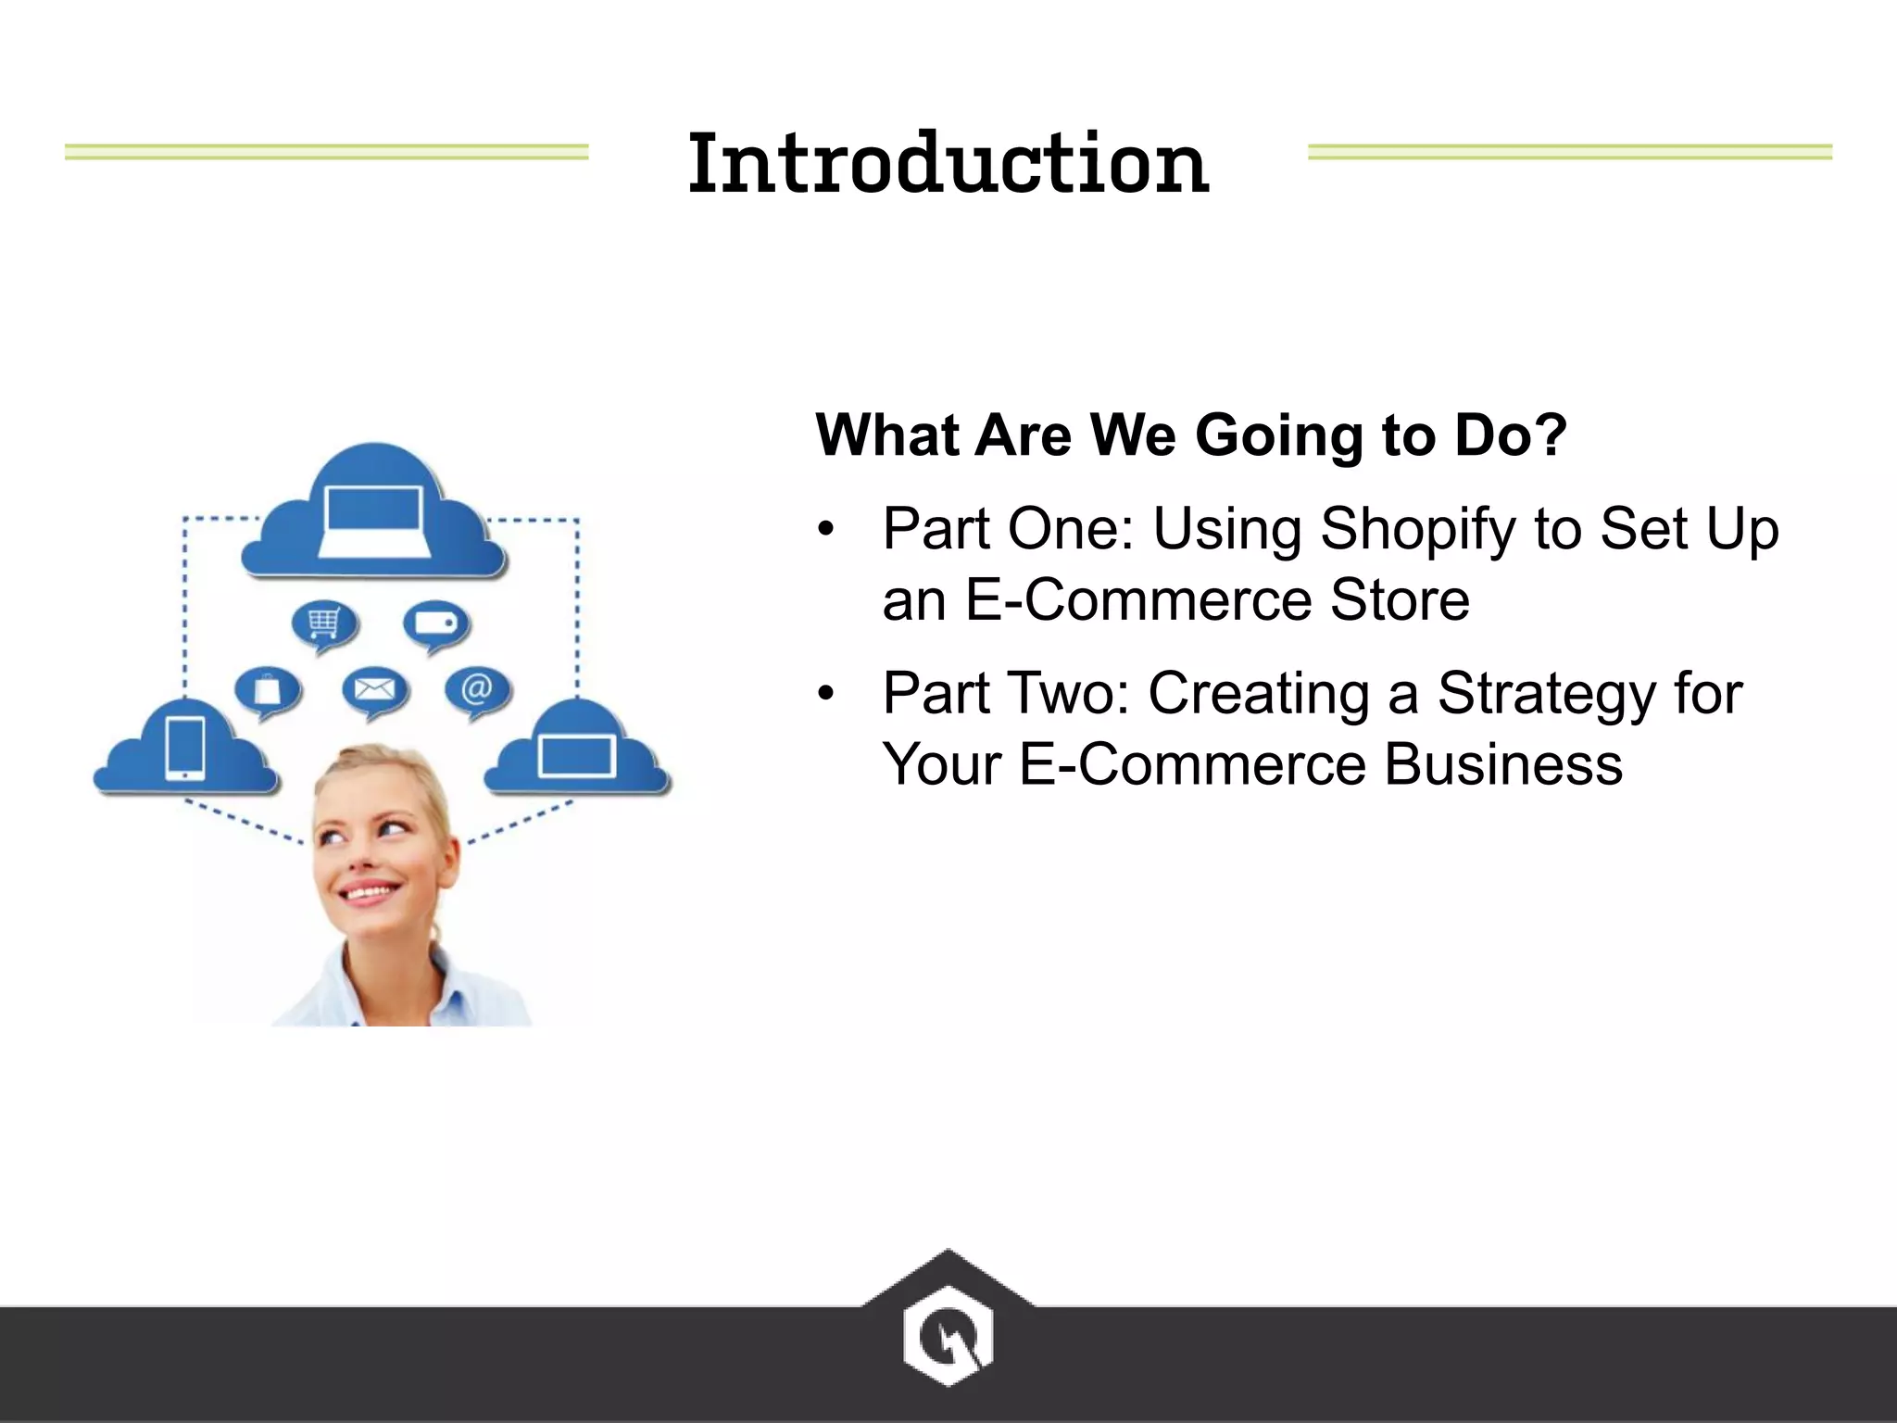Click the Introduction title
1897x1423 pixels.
[x=948, y=164]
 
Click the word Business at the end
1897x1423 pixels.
[x=1502, y=765]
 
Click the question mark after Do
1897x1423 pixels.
[x=1549, y=434]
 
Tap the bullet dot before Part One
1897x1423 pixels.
[x=825, y=530]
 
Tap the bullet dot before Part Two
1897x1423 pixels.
[x=825, y=694]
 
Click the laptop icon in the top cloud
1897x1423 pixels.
[x=374, y=522]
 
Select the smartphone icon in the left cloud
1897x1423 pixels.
[x=185, y=749]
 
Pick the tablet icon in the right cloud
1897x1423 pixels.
[x=576, y=755]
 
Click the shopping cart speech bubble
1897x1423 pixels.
[x=323, y=625]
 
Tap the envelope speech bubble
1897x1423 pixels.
[x=374, y=690]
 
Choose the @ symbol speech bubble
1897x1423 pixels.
[x=476, y=689]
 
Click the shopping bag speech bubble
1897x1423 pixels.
[x=267, y=691]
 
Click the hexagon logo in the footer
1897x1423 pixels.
[x=948, y=1335]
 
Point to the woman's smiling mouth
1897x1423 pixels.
[x=370, y=893]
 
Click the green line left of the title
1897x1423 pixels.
[x=326, y=152]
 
